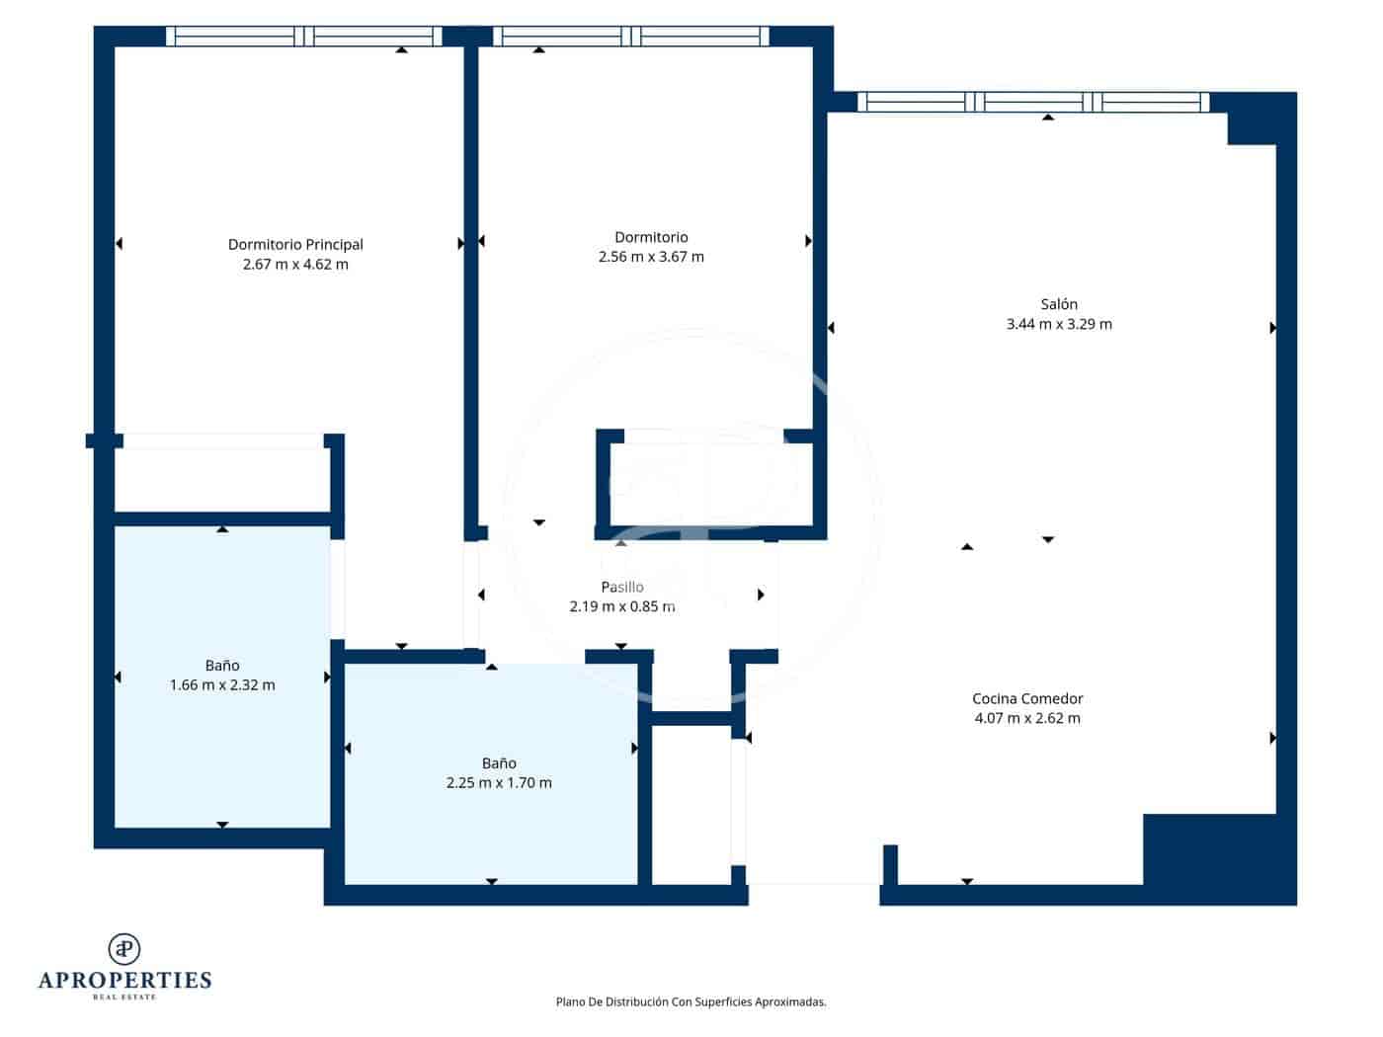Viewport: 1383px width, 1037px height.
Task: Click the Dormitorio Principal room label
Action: (x=295, y=244)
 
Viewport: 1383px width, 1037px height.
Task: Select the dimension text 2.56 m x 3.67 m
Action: (x=651, y=257)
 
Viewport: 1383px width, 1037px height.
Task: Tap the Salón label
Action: (x=1058, y=304)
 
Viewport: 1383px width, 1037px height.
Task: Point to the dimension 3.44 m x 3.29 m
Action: (x=1058, y=324)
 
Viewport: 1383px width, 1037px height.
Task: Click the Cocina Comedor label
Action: (x=1027, y=698)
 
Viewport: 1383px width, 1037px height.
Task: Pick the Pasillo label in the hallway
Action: (x=622, y=587)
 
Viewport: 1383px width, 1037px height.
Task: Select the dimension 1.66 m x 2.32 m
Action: (x=222, y=684)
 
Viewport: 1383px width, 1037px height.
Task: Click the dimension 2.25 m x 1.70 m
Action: (x=499, y=782)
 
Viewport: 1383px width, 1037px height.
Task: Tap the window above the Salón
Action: (x=1032, y=102)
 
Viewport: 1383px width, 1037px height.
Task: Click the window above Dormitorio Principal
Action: (x=303, y=37)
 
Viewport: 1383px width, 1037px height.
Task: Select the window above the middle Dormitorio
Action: (x=631, y=37)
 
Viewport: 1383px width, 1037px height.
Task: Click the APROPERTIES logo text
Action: (x=124, y=980)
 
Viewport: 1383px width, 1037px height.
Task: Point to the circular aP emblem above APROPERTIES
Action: (x=124, y=948)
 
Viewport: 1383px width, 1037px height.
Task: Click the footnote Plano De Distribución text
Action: (x=691, y=1001)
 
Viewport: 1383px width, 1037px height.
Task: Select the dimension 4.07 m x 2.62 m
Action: (x=1027, y=718)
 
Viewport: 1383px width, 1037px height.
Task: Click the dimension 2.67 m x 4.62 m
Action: (x=295, y=264)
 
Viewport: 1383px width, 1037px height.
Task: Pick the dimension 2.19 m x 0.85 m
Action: (x=622, y=606)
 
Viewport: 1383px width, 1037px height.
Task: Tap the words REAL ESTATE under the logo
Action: (x=124, y=997)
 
